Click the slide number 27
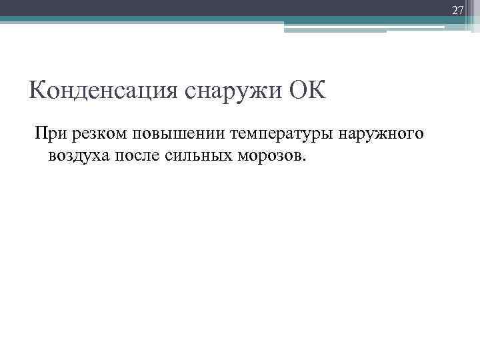pyautogui.click(x=457, y=9)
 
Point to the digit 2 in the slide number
pyautogui.click(x=455, y=9)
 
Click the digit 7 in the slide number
pyautogui.click(x=460, y=9)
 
